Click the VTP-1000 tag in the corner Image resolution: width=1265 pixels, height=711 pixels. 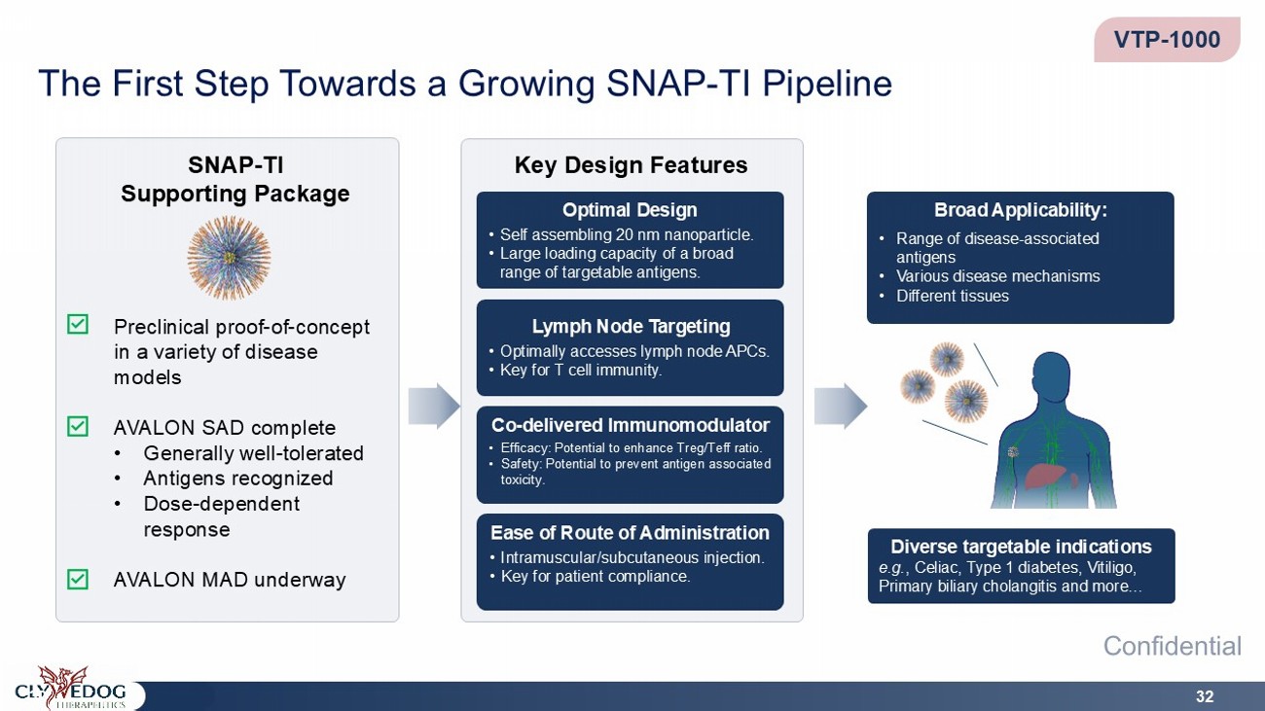[1167, 40]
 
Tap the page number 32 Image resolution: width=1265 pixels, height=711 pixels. [1205, 696]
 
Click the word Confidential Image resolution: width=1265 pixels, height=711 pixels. [1173, 646]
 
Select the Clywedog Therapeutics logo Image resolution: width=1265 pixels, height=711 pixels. [71, 689]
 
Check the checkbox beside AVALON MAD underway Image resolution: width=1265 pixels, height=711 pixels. [78, 579]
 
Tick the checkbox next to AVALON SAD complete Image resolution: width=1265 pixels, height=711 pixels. [78, 427]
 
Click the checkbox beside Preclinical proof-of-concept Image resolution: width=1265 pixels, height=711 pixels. [78, 325]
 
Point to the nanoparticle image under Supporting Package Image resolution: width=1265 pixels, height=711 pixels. [230, 258]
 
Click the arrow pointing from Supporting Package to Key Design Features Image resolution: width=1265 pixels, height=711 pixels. [434, 406]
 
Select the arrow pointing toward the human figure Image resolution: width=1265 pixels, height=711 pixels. [841, 406]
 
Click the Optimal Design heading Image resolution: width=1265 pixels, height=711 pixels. [630, 210]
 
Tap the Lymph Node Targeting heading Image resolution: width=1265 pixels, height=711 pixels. [631, 326]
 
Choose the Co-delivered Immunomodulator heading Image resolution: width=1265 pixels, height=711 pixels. [631, 425]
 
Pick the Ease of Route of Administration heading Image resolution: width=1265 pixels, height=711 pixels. [630, 533]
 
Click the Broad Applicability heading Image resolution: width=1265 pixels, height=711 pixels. [1021, 210]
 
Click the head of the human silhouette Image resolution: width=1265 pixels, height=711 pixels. [1051, 375]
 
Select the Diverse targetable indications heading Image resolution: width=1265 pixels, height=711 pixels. [1021, 547]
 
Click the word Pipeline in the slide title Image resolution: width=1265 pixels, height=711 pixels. [827, 84]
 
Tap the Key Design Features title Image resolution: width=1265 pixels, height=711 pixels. [631, 164]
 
